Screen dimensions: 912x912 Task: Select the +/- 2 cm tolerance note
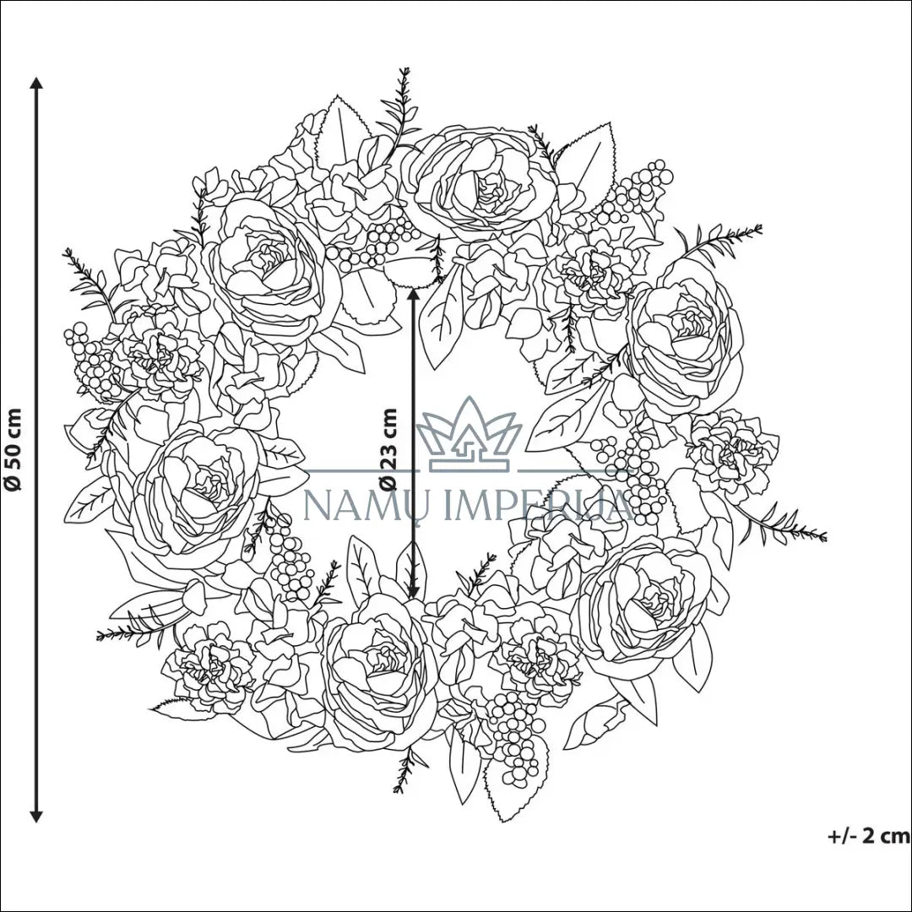869,836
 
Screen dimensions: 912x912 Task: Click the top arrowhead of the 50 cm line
36,83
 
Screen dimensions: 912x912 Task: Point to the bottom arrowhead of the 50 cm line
36,816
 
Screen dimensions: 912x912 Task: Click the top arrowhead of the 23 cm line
413,295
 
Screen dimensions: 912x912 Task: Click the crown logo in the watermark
469,435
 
